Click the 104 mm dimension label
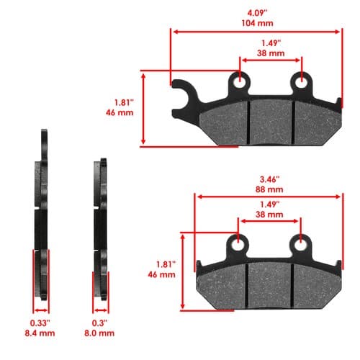pyautogui.click(x=257, y=23)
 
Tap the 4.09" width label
pyautogui.click(x=257, y=13)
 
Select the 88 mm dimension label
pyautogui.click(x=269, y=189)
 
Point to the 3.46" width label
pyautogui.click(x=270, y=179)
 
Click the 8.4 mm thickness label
pyautogui.click(x=40, y=333)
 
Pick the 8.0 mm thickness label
pyautogui.click(x=99, y=333)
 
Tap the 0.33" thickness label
pyautogui.click(x=40, y=323)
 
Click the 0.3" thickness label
pyautogui.click(x=99, y=323)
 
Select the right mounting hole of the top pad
pyautogui.click(x=301, y=83)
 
